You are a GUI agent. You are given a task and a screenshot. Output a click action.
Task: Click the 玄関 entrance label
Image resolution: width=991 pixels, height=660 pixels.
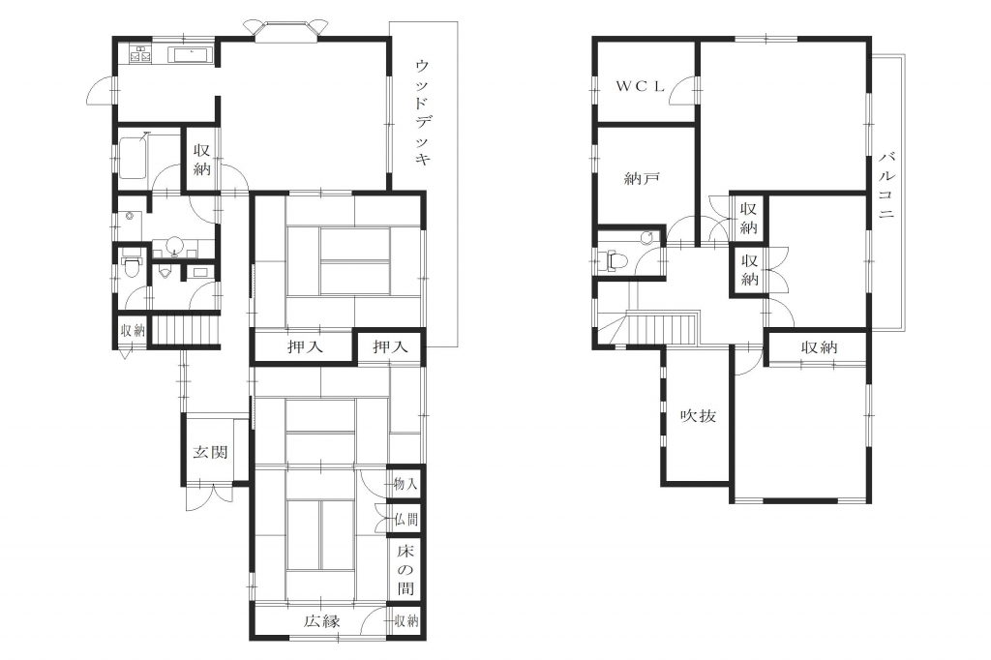point(210,453)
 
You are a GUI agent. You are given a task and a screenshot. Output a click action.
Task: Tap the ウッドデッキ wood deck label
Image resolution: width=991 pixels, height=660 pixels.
point(423,112)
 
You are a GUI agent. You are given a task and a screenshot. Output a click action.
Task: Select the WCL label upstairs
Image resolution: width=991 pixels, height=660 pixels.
point(641,86)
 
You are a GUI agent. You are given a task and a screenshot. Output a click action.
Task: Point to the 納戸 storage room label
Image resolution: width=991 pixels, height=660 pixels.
point(642,179)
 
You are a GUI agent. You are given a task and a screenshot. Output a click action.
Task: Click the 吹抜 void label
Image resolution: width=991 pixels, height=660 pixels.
point(698,416)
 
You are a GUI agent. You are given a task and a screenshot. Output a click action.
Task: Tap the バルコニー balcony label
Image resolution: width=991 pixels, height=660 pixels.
point(886,185)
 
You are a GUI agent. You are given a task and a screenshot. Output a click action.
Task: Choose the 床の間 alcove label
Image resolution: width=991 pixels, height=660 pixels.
point(405,570)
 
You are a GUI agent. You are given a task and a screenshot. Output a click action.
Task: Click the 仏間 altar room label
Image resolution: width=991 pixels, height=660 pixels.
point(405,520)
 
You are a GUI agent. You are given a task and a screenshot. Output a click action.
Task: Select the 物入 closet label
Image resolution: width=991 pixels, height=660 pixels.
point(405,484)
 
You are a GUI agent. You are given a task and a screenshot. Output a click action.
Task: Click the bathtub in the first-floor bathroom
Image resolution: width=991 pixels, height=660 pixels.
point(133,157)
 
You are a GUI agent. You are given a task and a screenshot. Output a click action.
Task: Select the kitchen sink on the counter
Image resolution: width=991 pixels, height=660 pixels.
point(192,54)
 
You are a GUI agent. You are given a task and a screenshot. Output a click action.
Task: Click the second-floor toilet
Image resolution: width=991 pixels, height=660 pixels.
point(613,259)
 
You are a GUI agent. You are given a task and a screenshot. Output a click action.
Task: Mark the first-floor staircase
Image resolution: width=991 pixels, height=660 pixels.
point(184,330)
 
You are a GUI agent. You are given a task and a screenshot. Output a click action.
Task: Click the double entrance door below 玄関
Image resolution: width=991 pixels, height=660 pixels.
point(209,496)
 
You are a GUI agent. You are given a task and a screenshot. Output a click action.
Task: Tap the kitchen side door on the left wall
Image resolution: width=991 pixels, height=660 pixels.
point(101,92)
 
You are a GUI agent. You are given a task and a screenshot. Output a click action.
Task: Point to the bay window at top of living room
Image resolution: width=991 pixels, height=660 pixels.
point(286,30)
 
